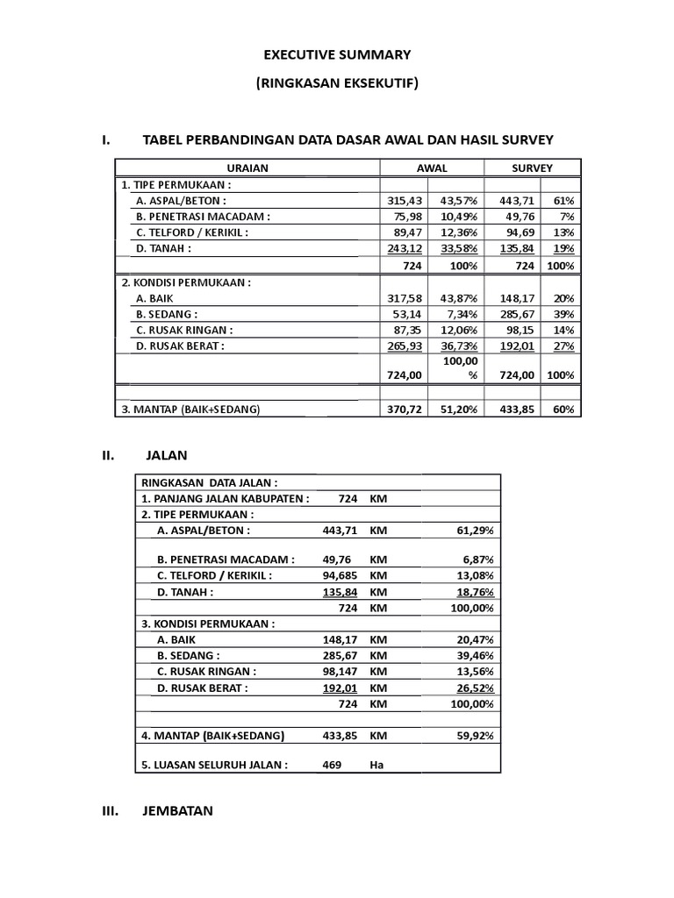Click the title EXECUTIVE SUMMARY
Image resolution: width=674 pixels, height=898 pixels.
(337, 54)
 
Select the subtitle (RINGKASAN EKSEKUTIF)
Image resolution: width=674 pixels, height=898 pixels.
(337, 84)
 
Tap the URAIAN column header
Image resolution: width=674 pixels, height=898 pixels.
(247, 167)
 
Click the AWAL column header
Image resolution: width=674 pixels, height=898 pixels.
(431, 167)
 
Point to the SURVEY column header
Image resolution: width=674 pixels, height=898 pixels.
(532, 167)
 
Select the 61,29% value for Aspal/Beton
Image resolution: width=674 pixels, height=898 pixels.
(474, 531)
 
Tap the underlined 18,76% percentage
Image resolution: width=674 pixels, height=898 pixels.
(474, 592)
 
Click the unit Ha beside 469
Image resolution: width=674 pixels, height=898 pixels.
(377, 764)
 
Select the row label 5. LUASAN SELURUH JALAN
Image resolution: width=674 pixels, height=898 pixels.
(215, 764)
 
